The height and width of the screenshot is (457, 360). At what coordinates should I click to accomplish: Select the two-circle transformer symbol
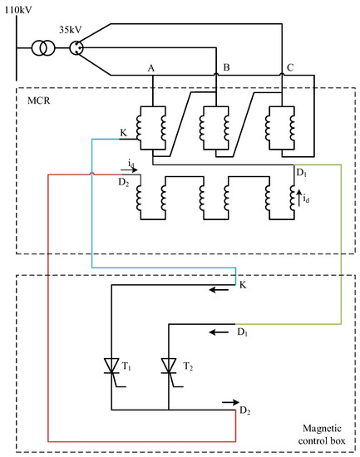pyautogui.click(x=40, y=48)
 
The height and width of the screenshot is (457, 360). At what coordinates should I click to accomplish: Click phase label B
pyautogui.click(x=220, y=66)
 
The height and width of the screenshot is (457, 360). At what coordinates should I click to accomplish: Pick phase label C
pyautogui.click(x=288, y=66)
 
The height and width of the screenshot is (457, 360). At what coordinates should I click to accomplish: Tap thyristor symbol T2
pyautogui.click(x=169, y=366)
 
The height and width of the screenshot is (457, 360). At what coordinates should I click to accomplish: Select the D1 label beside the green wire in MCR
pyautogui.click(x=301, y=172)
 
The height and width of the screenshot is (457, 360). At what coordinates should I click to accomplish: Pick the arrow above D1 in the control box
pyautogui.click(x=217, y=332)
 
